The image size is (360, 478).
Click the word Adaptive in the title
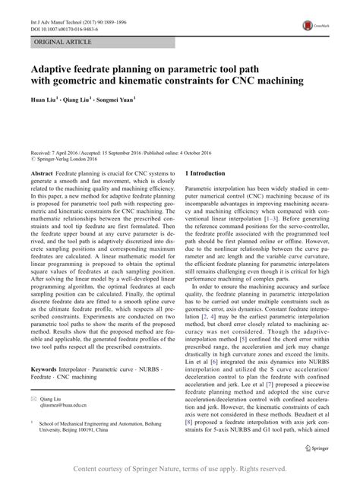pos(57,67)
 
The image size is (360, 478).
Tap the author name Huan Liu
pos(43,99)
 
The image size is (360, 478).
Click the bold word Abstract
pos(41,174)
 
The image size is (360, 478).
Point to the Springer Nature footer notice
pos(180,468)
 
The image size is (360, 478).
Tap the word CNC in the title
pos(244,80)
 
